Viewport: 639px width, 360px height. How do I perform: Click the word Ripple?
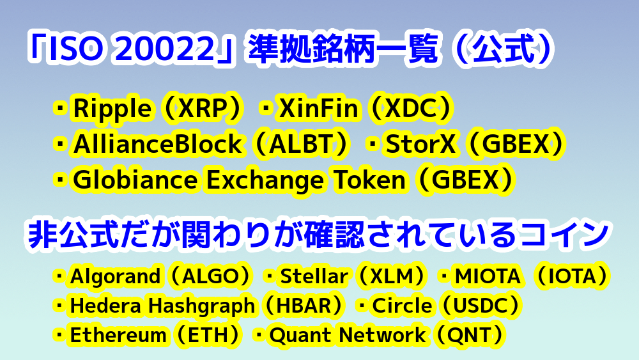click(x=112, y=109)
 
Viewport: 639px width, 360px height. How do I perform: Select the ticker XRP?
click(x=203, y=109)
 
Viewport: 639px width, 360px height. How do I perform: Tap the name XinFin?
click(x=319, y=108)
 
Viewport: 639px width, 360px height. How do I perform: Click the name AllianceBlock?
click(x=157, y=144)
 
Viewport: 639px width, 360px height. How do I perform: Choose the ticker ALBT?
click(x=302, y=144)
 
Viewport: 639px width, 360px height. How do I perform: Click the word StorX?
click(x=420, y=144)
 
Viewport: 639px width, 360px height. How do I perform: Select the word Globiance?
click(x=135, y=180)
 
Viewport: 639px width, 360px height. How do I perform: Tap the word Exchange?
click(x=265, y=180)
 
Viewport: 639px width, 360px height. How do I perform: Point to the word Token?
click(x=369, y=180)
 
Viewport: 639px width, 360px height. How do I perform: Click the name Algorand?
click(x=115, y=276)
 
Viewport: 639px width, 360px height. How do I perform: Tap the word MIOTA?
click(x=488, y=276)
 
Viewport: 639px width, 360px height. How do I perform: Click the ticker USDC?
click(x=481, y=306)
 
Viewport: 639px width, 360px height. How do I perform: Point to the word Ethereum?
click(x=119, y=335)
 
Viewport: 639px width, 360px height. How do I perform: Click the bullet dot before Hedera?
click(x=59, y=306)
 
